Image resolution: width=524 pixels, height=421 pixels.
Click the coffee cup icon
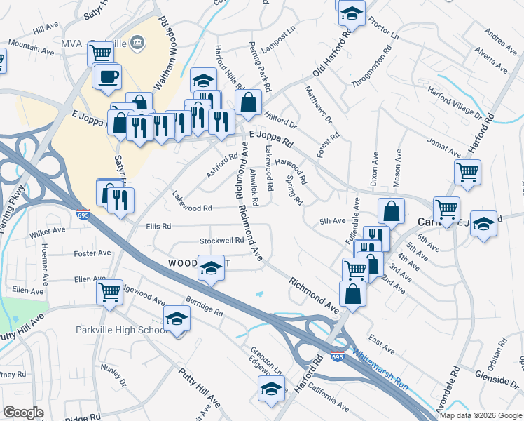[108, 76]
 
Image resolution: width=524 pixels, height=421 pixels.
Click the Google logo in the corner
[23, 413]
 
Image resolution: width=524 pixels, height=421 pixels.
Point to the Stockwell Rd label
[221, 240]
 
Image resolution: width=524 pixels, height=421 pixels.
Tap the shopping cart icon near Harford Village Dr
[467, 171]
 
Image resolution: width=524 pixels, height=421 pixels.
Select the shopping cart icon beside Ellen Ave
[109, 291]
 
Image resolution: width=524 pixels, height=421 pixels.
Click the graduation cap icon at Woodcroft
[210, 268]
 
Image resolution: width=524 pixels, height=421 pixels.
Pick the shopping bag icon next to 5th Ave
[392, 210]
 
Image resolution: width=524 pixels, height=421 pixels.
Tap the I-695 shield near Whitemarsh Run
[338, 357]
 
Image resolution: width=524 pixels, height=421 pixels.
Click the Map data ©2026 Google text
[481, 415]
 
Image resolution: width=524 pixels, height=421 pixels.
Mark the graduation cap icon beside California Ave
[271, 389]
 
